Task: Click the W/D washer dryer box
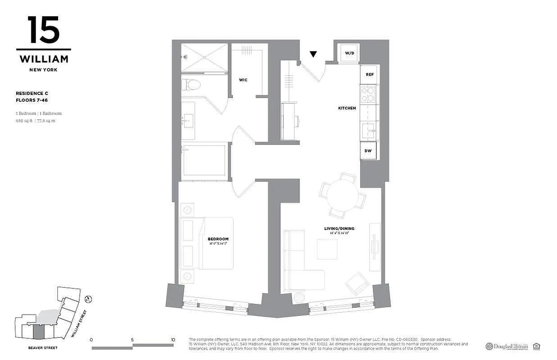tap(350, 53)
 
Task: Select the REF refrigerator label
tap(369, 74)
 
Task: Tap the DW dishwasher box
tap(368, 151)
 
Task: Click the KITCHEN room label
tap(347, 108)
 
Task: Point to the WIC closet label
tap(243, 80)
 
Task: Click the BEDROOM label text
tap(218, 239)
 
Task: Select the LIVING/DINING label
tap(339, 229)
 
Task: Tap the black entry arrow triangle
tap(313, 54)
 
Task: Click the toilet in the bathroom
tap(193, 84)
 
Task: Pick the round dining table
tap(342, 194)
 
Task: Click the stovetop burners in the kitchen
tap(367, 94)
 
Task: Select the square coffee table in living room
tap(327, 249)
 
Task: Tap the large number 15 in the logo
tap(43, 30)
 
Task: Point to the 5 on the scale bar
tap(132, 340)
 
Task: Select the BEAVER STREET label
tap(42, 348)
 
